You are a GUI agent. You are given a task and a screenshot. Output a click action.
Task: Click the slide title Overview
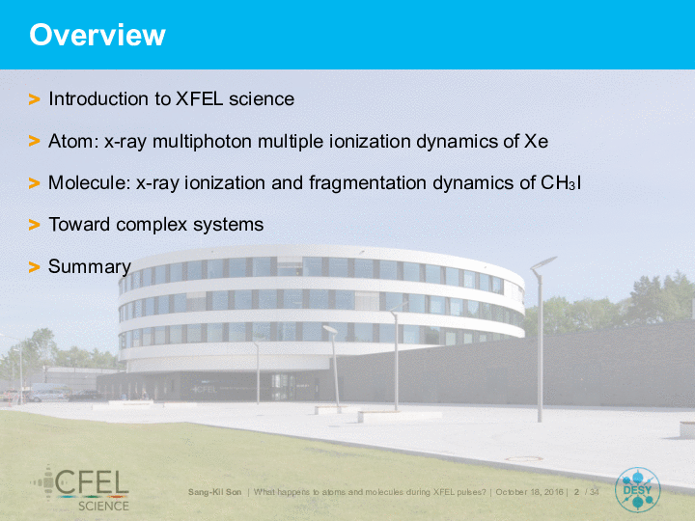pos(97,35)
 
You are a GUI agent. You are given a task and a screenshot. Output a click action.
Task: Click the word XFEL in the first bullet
pos(200,98)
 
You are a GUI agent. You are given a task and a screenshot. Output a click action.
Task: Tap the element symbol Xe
pos(536,141)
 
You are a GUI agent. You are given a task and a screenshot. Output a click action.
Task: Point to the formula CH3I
pos(561,183)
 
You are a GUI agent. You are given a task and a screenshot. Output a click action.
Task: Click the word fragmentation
pos(368,183)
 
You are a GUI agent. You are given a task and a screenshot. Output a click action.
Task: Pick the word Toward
pos(79,224)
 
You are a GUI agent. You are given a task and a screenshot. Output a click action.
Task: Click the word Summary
pos(90,266)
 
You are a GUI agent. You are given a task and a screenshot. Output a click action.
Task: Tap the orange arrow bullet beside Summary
pos(34,267)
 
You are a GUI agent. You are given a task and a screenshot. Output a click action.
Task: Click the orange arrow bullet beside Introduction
pos(34,99)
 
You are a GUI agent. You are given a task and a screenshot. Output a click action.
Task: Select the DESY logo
pos(637,490)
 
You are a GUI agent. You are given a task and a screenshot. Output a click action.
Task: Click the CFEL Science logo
pos(80,488)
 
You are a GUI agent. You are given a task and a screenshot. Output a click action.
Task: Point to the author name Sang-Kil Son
pos(214,492)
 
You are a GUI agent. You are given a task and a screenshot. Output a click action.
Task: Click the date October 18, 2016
pos(529,492)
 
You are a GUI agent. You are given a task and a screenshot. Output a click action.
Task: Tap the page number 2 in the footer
pos(576,492)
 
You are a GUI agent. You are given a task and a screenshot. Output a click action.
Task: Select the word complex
pos(152,225)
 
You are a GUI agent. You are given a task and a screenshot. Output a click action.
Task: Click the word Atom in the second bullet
pos(73,141)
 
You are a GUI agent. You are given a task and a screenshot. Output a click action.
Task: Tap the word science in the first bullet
pos(262,99)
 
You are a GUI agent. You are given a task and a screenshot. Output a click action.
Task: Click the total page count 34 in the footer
pos(594,492)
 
